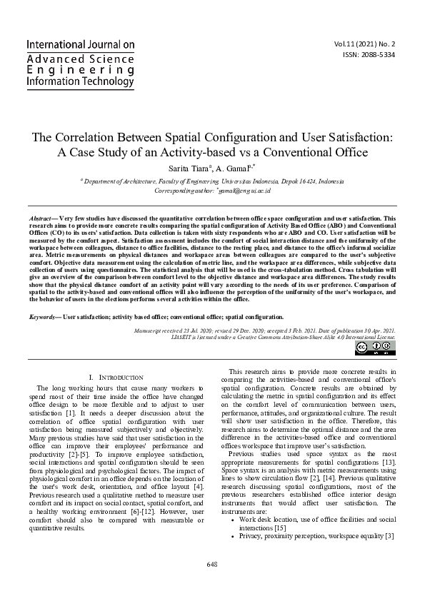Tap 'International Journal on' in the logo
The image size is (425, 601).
point(80,44)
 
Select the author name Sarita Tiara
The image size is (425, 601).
point(189,168)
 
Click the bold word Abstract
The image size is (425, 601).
point(40,217)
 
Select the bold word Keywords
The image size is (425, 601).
point(44,316)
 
